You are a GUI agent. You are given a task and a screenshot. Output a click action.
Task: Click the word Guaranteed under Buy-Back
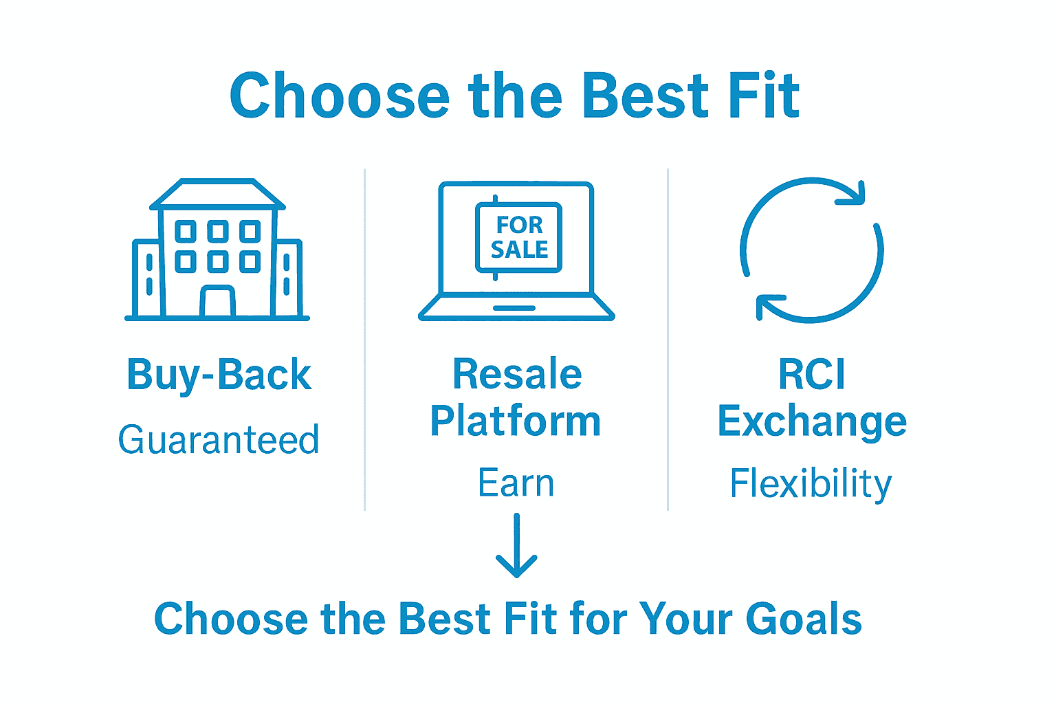(x=219, y=439)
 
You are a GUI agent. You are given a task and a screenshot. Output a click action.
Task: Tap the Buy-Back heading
(x=219, y=375)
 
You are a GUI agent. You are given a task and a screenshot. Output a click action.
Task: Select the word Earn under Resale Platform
(x=516, y=483)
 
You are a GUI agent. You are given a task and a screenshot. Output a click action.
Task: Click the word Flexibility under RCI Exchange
(x=811, y=484)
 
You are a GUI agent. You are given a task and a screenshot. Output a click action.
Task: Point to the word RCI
(x=812, y=374)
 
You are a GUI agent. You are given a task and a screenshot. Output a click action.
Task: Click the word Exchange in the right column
(x=812, y=421)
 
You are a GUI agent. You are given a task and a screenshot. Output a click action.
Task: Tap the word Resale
(x=517, y=374)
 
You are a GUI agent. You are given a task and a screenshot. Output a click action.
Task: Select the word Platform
(x=516, y=420)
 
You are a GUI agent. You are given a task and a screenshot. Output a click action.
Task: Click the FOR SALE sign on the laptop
(x=518, y=237)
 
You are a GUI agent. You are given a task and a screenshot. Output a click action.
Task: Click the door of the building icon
(x=217, y=300)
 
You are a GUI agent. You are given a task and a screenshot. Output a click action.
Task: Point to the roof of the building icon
(x=217, y=194)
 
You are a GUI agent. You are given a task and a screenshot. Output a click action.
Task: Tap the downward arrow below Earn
(x=517, y=545)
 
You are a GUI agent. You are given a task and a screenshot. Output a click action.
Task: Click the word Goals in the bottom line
(x=804, y=619)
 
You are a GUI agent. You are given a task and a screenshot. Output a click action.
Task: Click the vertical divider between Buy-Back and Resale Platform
(x=365, y=340)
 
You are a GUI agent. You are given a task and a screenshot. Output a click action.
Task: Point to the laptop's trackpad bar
(x=514, y=308)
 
